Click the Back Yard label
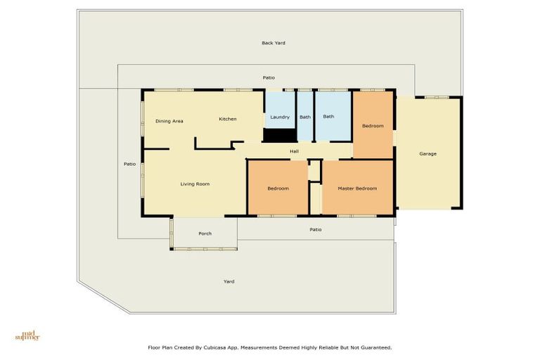273,43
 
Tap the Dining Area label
169,121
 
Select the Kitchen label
227,119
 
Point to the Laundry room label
280,117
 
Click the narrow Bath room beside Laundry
305,117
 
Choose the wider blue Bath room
328,117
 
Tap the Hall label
295,151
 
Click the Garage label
427,153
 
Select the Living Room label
195,184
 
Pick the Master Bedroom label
357,188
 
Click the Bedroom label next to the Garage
373,126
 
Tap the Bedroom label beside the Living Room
278,188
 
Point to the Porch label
205,233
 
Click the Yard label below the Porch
229,281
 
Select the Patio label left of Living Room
129,164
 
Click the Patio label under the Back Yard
269,77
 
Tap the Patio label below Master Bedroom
316,229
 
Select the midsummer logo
27,335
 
